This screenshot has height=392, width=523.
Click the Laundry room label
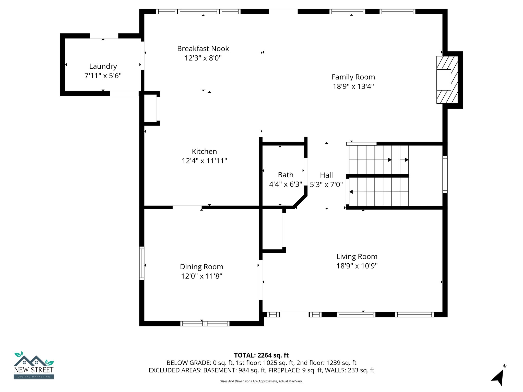coord(103,66)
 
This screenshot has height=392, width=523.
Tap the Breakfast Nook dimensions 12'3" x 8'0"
coord(203,58)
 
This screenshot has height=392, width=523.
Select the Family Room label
coord(353,77)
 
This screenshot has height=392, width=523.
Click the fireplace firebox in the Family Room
coord(444,80)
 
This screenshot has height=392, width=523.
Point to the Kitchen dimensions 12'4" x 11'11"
coord(204,161)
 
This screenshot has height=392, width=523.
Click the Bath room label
coord(286,175)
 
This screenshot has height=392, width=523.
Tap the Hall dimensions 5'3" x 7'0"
coord(326,185)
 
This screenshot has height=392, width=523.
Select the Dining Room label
coord(201,267)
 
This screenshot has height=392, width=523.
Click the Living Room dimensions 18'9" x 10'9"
coord(357,266)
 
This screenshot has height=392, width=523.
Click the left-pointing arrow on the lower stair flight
coord(351,192)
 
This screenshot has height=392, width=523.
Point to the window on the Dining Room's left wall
coord(142,263)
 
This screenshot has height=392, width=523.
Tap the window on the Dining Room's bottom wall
coord(205,324)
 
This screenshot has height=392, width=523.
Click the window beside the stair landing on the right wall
coord(445,174)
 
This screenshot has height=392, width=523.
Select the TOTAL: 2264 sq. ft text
coord(261,355)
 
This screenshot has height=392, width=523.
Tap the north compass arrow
coord(498,377)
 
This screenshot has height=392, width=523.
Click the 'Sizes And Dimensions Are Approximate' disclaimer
coord(261,381)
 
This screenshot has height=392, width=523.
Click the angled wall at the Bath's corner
coord(300,202)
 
